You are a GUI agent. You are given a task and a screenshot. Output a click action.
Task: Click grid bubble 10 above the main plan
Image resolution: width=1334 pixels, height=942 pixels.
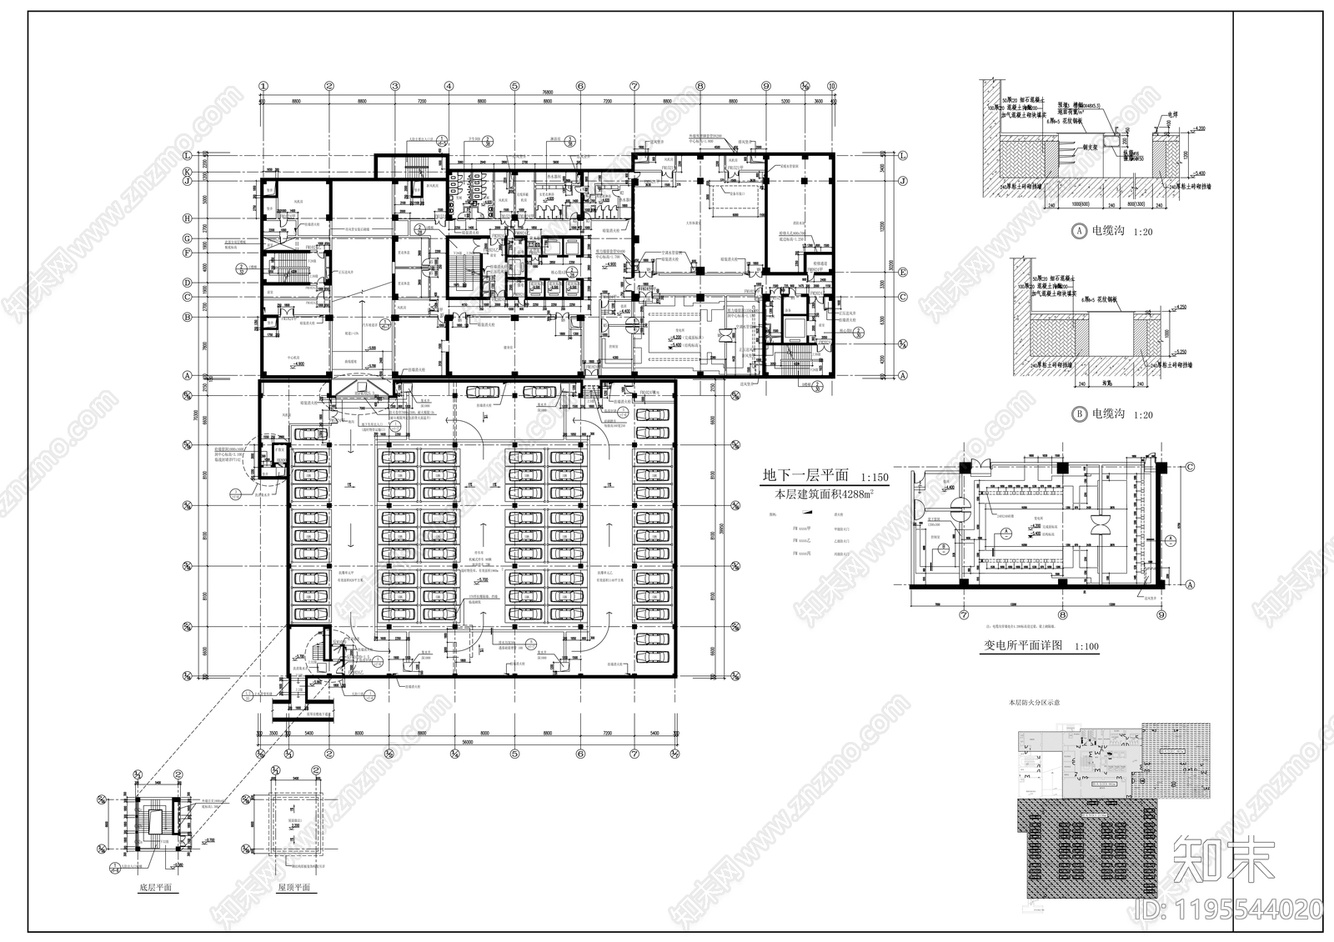831,85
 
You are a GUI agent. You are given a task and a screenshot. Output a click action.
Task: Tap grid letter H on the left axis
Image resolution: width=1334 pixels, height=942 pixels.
188,218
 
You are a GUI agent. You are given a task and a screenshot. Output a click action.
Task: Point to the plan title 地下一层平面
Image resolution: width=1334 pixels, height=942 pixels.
805,476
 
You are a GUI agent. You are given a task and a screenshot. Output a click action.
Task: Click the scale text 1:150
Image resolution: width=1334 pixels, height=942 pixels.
875,479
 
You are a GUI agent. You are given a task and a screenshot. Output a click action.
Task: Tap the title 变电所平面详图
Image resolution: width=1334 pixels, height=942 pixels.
1024,645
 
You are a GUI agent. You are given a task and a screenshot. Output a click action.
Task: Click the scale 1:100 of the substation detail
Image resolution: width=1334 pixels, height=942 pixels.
1086,647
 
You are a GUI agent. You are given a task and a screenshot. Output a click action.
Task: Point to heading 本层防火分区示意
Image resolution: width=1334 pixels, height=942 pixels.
1034,704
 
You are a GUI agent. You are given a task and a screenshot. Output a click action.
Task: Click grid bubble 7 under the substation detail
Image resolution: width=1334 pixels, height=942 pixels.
965,614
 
